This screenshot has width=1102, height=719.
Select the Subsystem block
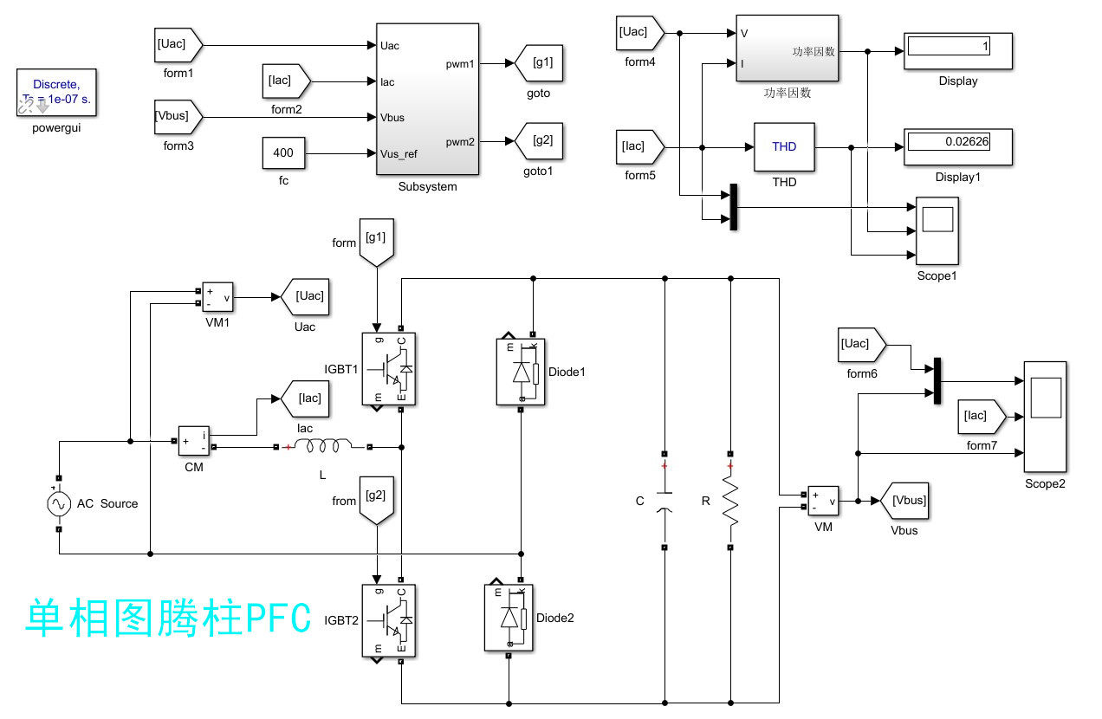427,99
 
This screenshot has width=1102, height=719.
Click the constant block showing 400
283,153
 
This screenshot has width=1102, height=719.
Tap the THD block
784,147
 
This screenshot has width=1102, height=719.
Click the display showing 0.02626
958,147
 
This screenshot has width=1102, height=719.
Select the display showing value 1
958,51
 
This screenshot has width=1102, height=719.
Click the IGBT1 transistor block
389,369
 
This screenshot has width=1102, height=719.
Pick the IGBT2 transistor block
389,620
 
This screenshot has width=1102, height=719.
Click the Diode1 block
521,372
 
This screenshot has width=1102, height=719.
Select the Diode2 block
509,618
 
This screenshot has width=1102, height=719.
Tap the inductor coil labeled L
323,446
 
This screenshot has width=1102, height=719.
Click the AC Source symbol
59,503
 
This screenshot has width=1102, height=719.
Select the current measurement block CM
194,441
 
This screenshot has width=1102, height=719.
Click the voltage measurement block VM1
217,297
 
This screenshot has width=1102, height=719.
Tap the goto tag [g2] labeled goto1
539,141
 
